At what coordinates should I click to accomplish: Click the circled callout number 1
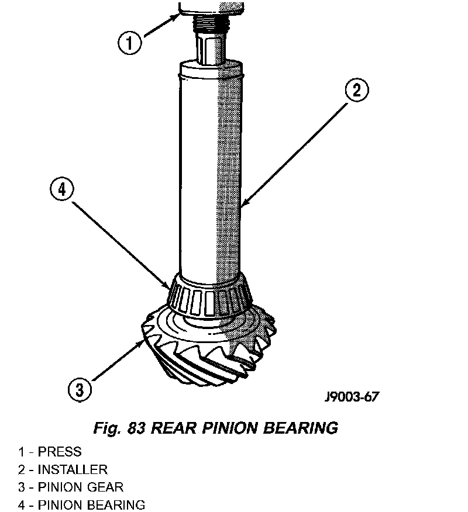[x=130, y=43]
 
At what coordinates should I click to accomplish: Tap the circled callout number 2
[x=357, y=90]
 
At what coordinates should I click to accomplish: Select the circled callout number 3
[x=80, y=390]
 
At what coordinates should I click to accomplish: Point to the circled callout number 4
[x=62, y=189]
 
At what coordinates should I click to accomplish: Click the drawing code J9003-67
[x=352, y=397]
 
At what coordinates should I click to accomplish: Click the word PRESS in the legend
[x=60, y=452]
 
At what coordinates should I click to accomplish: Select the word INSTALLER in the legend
[x=73, y=469]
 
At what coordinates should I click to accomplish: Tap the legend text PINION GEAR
[x=81, y=487]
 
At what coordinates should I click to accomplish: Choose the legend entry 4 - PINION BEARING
[x=81, y=505]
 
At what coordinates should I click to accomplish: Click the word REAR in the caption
[x=174, y=428]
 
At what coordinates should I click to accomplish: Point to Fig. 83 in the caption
[x=119, y=428]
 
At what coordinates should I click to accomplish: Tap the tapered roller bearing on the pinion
[x=210, y=296]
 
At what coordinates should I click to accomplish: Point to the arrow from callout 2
[x=295, y=154]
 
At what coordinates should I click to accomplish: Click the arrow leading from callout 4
[x=121, y=245]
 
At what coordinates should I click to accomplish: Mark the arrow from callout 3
[x=118, y=360]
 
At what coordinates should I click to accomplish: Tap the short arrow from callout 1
[x=161, y=25]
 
